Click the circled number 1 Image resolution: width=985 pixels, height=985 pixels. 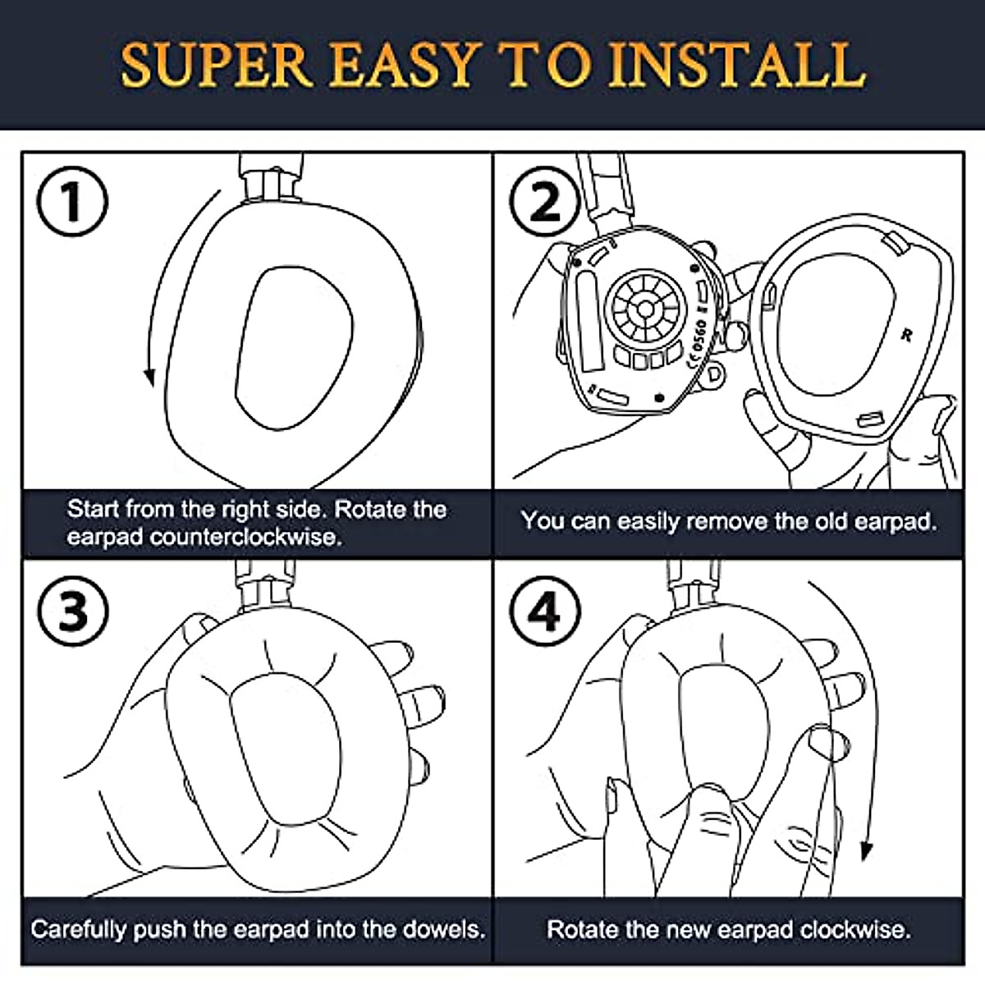pyautogui.click(x=72, y=202)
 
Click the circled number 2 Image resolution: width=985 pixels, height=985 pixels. pyautogui.click(x=545, y=202)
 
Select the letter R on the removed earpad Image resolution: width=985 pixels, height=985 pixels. pyautogui.click(x=906, y=335)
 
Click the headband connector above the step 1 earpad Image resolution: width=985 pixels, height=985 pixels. pyautogui.click(x=271, y=178)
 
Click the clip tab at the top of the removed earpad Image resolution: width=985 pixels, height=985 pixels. pyautogui.click(x=896, y=241)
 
